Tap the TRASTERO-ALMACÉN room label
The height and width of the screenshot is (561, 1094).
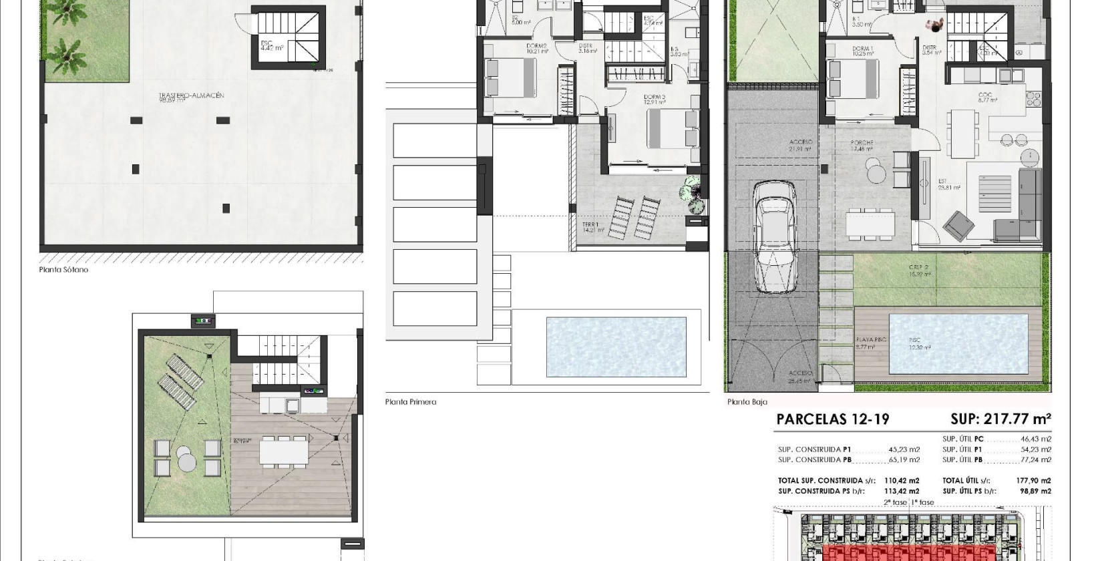[191, 96]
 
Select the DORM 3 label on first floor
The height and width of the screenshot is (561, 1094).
[654, 98]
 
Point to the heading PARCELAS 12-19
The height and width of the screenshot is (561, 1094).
[833, 419]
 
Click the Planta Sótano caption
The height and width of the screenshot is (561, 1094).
[63, 270]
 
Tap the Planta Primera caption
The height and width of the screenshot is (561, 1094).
[410, 402]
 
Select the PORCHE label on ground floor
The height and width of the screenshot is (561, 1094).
[862, 143]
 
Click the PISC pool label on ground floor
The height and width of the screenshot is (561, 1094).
[914, 340]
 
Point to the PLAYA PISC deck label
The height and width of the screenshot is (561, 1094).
[870, 340]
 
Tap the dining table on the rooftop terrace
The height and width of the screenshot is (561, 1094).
[284, 452]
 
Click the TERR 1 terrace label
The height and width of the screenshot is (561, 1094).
[588, 224]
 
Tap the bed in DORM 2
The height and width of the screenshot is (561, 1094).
[510, 77]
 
